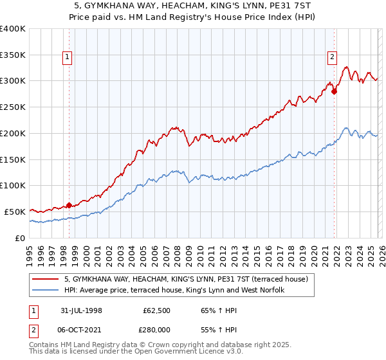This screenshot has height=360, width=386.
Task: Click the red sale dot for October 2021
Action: (334, 92)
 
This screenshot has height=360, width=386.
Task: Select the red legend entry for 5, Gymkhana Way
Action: (187, 279)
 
